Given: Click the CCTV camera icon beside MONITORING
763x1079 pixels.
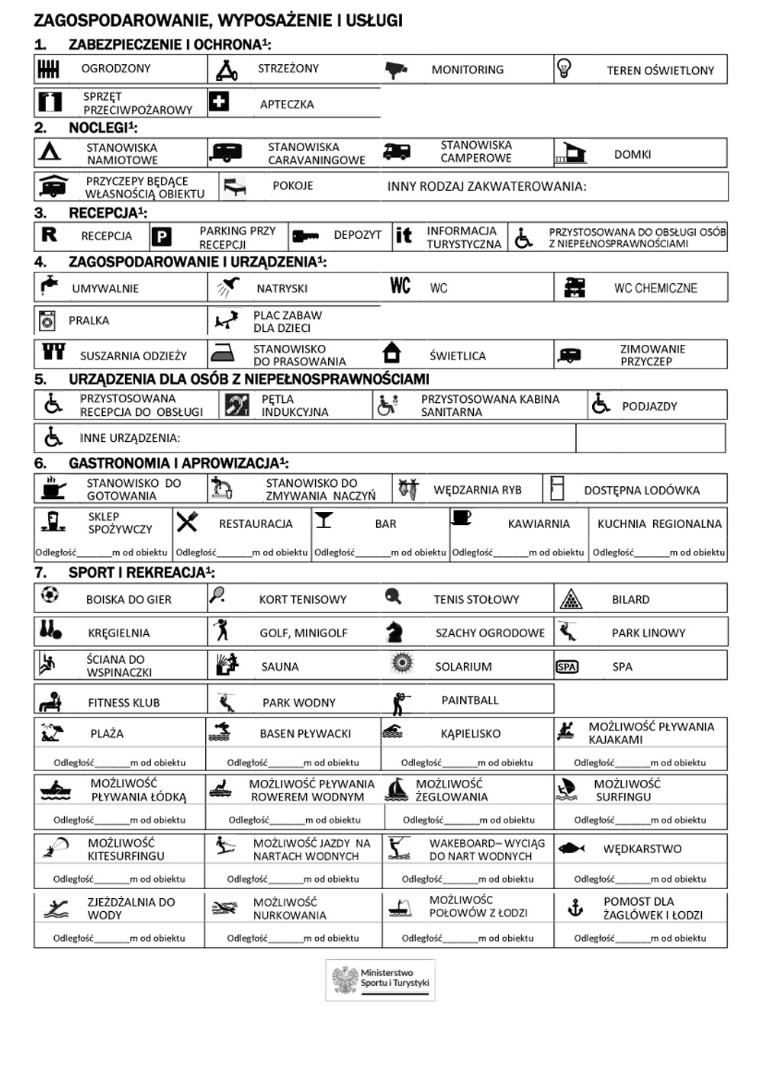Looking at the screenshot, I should pyautogui.click(x=396, y=70).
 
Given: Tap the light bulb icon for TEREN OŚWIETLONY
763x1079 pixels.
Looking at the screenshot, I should pyautogui.click(x=564, y=69).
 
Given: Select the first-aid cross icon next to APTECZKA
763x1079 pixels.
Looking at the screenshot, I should pyautogui.click(x=219, y=101).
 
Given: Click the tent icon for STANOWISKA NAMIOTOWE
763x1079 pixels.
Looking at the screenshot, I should pyautogui.click(x=50, y=151).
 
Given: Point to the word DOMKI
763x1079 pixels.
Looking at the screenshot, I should pyautogui.click(x=633, y=154).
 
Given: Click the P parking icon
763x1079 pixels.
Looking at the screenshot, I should pyautogui.click(x=160, y=237).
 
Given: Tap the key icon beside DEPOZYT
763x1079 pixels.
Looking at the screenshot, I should pyautogui.click(x=305, y=236).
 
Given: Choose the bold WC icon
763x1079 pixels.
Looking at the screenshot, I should pyautogui.click(x=401, y=286).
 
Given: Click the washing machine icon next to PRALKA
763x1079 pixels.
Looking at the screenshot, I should pyautogui.click(x=47, y=321).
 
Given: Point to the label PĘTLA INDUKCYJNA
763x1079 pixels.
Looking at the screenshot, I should pyautogui.click(x=295, y=405).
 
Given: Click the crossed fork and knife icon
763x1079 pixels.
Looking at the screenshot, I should pyautogui.click(x=187, y=522).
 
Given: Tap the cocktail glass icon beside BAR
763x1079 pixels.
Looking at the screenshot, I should pyautogui.click(x=324, y=520).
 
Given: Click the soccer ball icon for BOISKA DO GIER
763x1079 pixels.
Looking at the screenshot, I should pyautogui.click(x=50, y=594).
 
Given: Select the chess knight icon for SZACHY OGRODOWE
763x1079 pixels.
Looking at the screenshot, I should pyautogui.click(x=394, y=632).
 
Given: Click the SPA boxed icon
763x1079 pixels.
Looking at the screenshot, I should pyautogui.click(x=567, y=667).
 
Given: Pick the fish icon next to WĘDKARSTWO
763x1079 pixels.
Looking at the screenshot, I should pyautogui.click(x=571, y=849).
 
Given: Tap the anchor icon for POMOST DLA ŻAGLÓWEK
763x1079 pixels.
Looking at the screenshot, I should pyautogui.click(x=575, y=907).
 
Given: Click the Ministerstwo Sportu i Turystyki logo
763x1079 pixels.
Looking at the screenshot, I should pyautogui.click(x=380, y=979).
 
